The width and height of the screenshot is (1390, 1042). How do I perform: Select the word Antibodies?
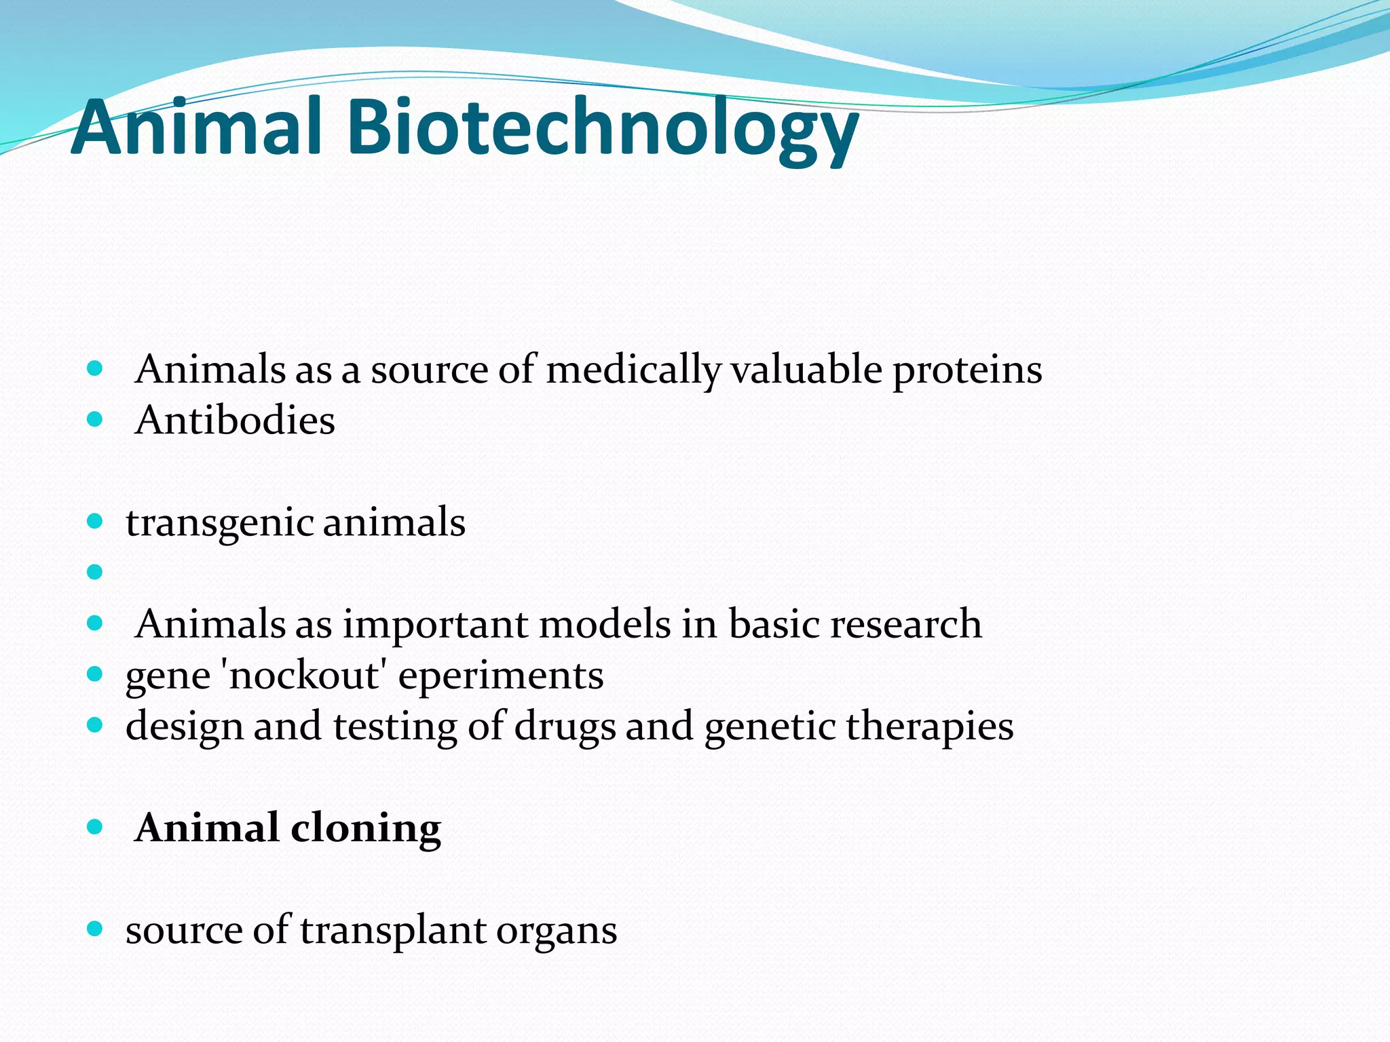pyautogui.click(x=235, y=421)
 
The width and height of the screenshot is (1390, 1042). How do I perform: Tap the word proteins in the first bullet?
pyautogui.click(x=967, y=370)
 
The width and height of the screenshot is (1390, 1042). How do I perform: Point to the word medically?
pyautogui.click(x=633, y=370)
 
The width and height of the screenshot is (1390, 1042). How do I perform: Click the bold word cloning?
pyautogui.click(x=366, y=829)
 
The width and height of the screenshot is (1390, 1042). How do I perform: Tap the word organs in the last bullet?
pyautogui.click(x=557, y=931)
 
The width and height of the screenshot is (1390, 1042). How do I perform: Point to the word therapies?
pyautogui.click(x=930, y=727)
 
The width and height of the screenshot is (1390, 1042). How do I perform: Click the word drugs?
pyautogui.click(x=565, y=727)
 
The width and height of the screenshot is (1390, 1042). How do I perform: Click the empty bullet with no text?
pyautogui.click(x=95, y=573)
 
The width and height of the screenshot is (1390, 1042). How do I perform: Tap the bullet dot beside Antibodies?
pyautogui.click(x=95, y=420)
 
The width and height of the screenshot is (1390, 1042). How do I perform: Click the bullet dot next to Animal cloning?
pyautogui.click(x=95, y=827)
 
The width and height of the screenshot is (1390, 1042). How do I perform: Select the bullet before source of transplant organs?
pyautogui.click(x=95, y=929)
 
